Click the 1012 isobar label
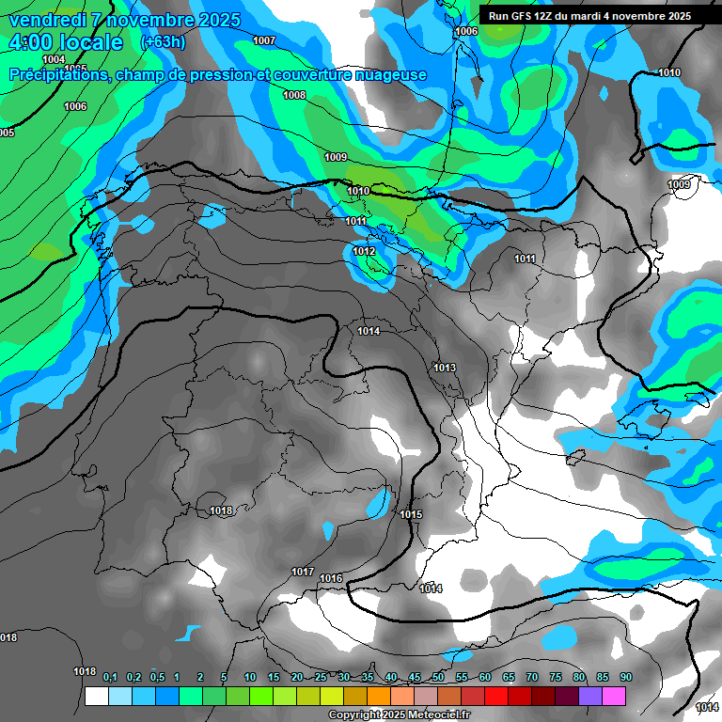tap(365, 252)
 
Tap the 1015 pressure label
tap(411, 515)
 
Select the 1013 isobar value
tap(445, 368)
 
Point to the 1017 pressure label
tap(303, 572)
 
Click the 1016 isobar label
tap(331, 578)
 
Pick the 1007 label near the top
tap(264, 40)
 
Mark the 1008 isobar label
tap(294, 95)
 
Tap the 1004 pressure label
tap(54, 59)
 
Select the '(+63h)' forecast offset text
tap(163, 42)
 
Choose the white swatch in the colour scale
tap(96, 696)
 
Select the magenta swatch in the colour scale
tap(614, 696)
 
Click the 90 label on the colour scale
tap(625, 677)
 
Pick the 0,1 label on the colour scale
tap(110, 677)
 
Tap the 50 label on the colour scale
tap(438, 677)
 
